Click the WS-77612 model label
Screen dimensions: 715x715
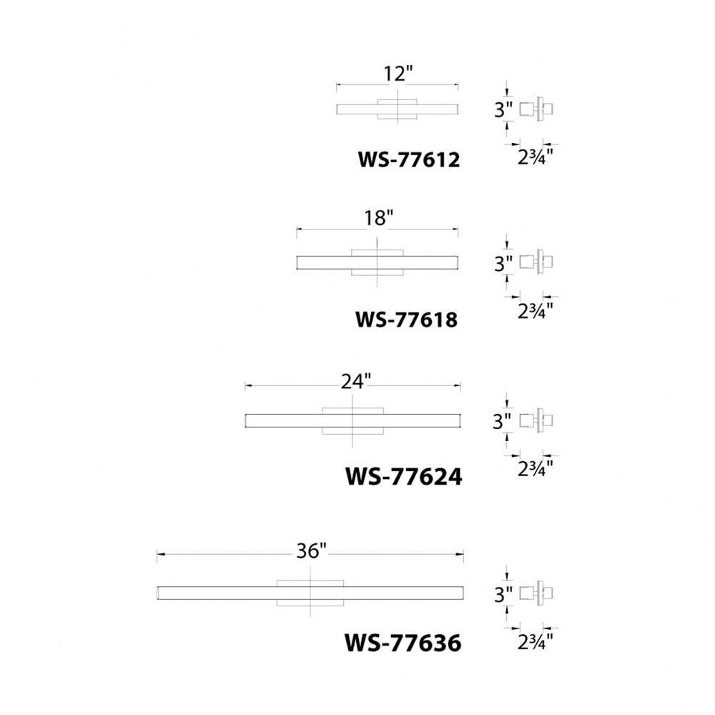click(408, 160)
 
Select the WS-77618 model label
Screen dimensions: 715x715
click(406, 319)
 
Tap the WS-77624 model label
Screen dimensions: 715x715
click(403, 476)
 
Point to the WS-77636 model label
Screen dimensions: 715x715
click(403, 643)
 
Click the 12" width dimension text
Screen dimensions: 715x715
click(398, 74)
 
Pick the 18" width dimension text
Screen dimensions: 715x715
click(378, 218)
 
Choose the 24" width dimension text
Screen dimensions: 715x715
click(355, 381)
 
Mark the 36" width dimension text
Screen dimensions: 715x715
click(312, 551)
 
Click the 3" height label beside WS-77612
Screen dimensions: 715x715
click(503, 110)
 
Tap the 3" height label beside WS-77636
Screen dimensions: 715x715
click(503, 594)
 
